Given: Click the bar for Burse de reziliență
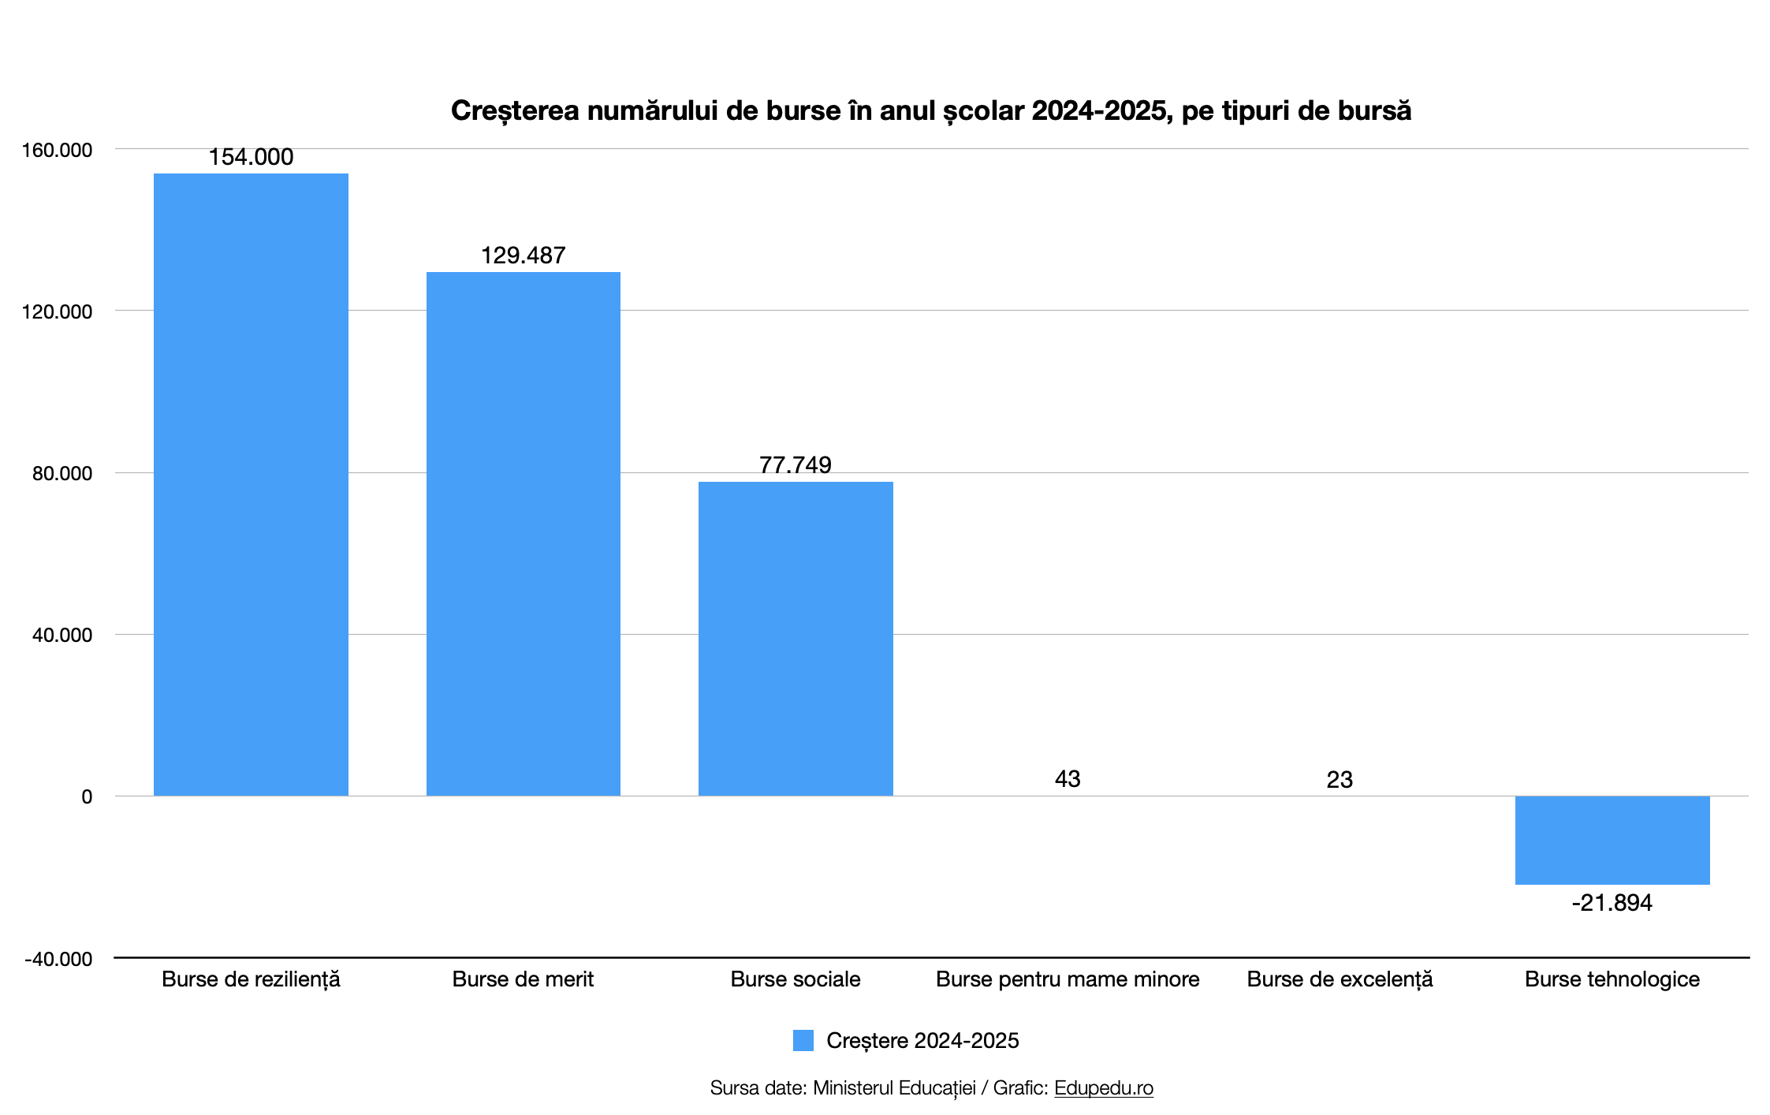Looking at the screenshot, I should point(251,484).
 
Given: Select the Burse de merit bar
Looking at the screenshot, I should point(523,534).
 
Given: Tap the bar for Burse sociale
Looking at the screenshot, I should point(796,639).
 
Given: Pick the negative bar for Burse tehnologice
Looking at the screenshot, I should point(1612,840).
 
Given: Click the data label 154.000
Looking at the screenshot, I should point(251,157).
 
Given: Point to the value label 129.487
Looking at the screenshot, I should point(523,255).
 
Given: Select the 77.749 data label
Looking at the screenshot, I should point(796,464).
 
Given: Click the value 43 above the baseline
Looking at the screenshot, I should point(1068,779).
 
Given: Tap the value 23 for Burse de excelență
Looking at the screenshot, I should point(1340,780).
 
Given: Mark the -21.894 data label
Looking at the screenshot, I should point(1612,903).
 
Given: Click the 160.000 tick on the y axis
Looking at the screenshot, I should point(57,150).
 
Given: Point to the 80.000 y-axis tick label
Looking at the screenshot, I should point(62,473).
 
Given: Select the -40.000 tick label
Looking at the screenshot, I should point(58,959).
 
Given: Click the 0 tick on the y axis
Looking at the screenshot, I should point(87,796).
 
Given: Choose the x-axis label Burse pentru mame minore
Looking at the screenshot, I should point(1068,979).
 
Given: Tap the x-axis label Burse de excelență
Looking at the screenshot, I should point(1340,979).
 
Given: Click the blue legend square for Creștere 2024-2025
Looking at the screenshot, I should point(803,1040).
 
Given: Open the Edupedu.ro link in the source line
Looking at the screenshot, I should point(1103,1088).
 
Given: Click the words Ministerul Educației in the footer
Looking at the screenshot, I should point(894,1088).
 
